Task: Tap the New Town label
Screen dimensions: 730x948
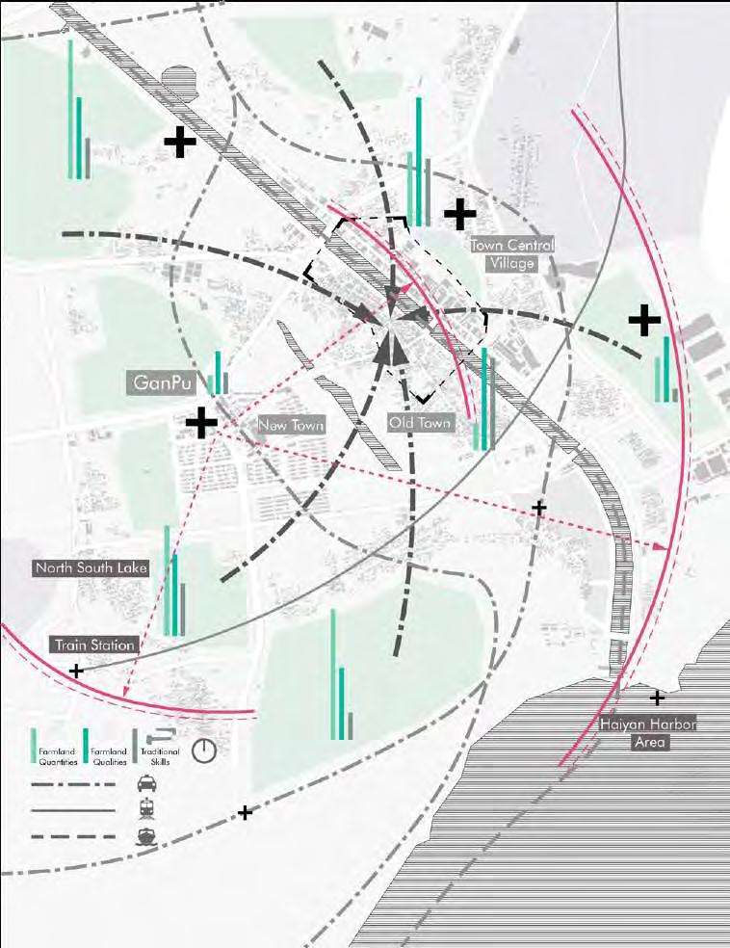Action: (290, 425)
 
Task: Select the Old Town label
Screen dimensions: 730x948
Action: (419, 423)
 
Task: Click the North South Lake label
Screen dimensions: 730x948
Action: (91, 567)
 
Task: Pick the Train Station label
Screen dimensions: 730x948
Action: (94, 645)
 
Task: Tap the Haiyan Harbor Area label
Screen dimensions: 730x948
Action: (648, 733)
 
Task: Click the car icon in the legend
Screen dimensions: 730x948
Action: (146, 783)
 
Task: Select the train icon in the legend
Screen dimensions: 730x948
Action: (146, 810)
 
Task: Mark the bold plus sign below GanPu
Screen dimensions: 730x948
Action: (201, 422)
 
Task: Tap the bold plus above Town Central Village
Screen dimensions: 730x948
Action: (459, 211)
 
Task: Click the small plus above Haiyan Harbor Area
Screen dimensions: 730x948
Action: (657, 698)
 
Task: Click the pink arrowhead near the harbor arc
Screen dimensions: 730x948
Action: (662, 547)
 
